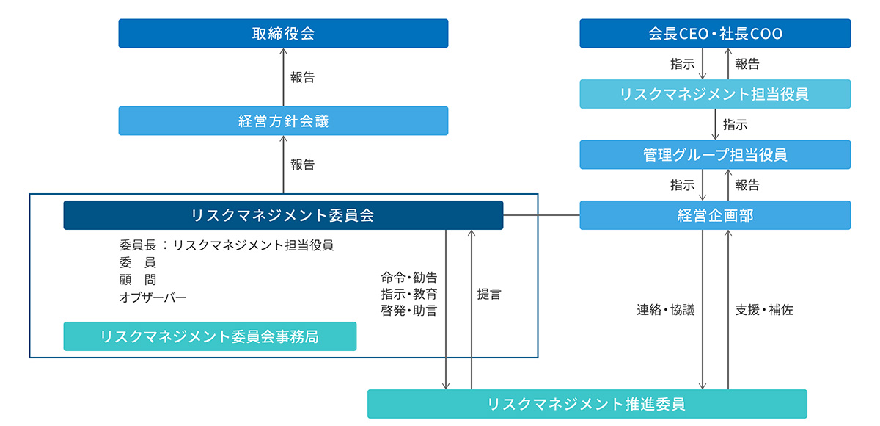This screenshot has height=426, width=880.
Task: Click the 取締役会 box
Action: coord(283,34)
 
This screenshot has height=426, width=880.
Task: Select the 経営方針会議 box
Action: coord(283,121)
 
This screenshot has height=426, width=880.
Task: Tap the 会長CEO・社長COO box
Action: coord(715,34)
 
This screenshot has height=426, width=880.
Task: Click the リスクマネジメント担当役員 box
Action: coord(715,94)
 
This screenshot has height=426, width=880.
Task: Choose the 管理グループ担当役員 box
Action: coord(715,155)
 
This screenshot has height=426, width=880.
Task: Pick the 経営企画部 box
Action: coord(715,215)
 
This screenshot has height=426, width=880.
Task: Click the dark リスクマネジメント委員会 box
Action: coord(283,215)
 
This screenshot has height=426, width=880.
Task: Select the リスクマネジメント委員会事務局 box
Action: coord(210,336)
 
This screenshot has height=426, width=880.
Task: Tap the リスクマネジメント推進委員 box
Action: coord(587,404)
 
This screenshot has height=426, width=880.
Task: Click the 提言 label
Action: coord(489,294)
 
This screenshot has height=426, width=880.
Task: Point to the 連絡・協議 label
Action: coord(665,310)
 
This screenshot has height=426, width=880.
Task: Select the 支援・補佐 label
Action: coord(764,310)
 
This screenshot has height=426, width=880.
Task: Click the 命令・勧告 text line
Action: coord(409,278)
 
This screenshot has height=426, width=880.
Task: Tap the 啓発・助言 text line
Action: coord(409,310)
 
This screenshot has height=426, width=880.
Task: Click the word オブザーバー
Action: coord(153,297)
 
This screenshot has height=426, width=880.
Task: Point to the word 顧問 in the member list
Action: coord(137,280)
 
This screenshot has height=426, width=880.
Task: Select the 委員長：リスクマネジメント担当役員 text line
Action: coord(226,245)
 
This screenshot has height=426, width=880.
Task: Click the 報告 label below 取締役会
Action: coord(302,77)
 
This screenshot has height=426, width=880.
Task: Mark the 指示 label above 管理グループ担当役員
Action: coord(735,125)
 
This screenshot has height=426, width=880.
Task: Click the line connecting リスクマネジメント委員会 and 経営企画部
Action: coord(541,215)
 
